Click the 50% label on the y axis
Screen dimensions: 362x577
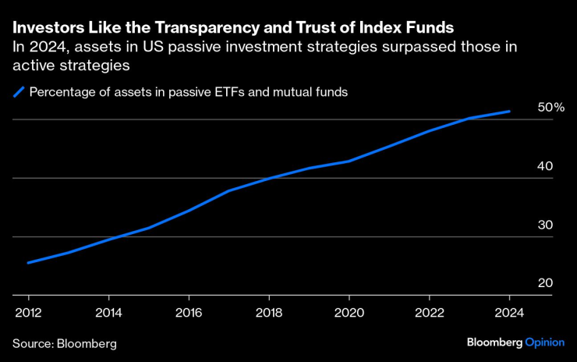[550, 107]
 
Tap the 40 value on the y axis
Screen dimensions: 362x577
[545, 166]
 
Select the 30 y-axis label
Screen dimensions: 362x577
[545, 225]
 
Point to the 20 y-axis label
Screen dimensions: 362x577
[545, 283]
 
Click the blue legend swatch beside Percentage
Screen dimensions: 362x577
[18, 92]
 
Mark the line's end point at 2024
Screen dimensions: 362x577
[510, 112]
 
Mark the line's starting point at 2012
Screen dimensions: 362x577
[28, 262]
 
